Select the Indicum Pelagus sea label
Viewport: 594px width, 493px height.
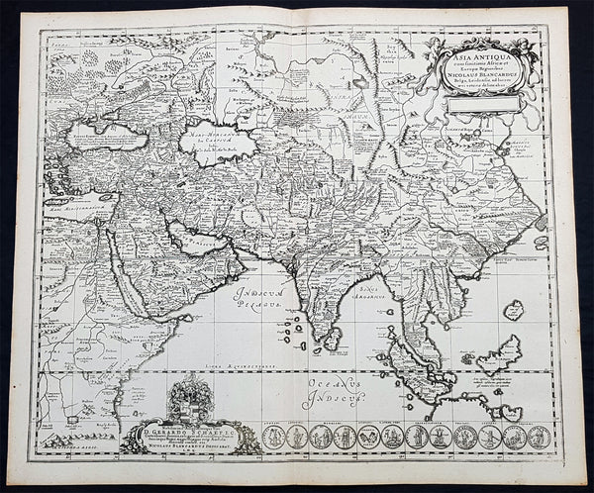pyautogui.click(x=258, y=298)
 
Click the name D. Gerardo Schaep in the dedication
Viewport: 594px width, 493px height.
pyautogui.click(x=187, y=434)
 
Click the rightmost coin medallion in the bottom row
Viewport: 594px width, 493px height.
pyautogui.click(x=535, y=436)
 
